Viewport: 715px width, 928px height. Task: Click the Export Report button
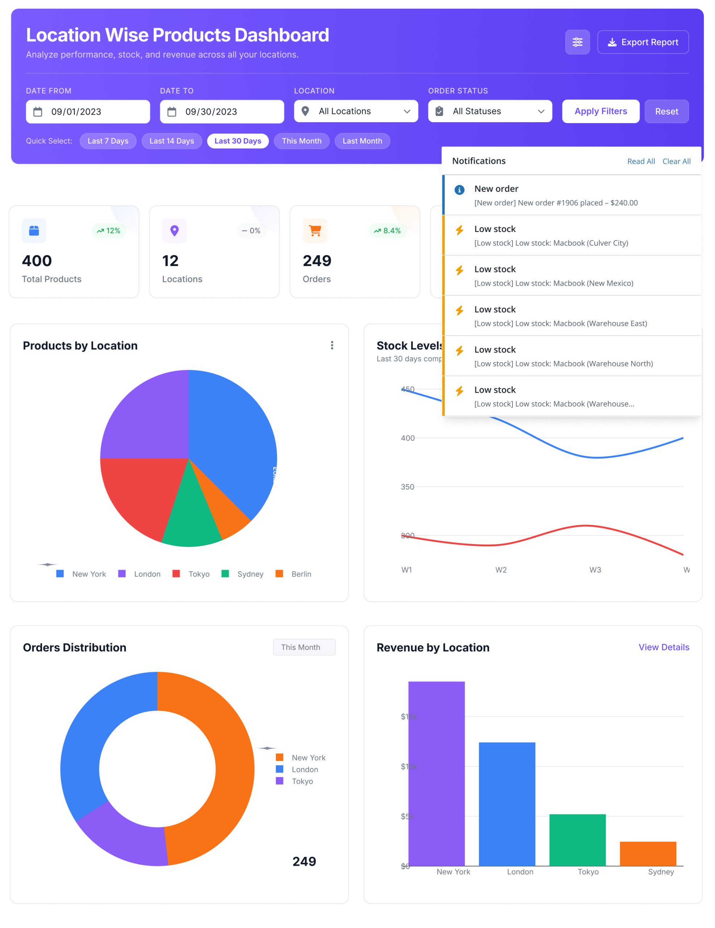click(x=643, y=42)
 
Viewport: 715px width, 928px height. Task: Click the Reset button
click(x=666, y=111)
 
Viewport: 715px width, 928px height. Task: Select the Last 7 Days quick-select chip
click(x=108, y=141)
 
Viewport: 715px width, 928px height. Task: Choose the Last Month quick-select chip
click(x=362, y=141)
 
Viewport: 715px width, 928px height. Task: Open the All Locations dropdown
click(x=356, y=111)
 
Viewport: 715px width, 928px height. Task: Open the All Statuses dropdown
click(x=490, y=111)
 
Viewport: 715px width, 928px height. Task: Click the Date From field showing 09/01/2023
click(x=88, y=112)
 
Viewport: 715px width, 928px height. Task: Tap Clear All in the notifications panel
click(x=676, y=161)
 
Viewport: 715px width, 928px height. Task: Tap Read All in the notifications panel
click(x=641, y=161)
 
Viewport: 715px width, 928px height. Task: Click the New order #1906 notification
click(x=571, y=195)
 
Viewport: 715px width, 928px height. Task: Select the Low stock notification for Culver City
click(x=571, y=235)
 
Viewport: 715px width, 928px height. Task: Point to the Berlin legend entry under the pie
click(x=294, y=574)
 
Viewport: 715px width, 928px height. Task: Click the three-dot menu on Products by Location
click(x=332, y=345)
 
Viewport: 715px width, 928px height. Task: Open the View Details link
click(x=664, y=647)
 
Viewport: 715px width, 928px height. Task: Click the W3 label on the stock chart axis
click(x=595, y=570)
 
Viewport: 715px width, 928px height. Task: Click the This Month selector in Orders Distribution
click(x=304, y=647)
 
